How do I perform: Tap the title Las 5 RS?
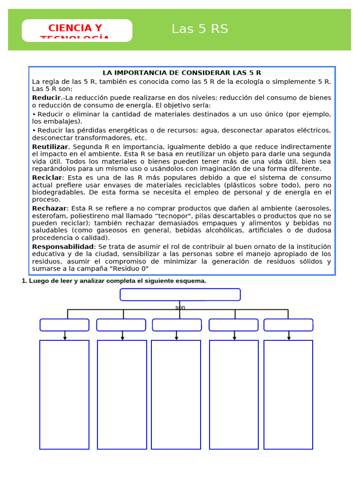tap(200, 29)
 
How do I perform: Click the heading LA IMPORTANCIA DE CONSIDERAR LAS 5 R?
tap(182, 73)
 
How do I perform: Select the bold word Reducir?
tap(46, 97)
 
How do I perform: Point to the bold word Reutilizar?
tap(50, 147)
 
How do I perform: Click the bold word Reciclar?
tap(47, 178)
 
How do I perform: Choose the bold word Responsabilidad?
tap(63, 247)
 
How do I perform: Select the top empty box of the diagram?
tap(180, 294)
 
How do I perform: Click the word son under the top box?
tap(180, 307)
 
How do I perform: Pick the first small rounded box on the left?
tap(64, 325)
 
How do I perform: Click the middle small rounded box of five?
tap(177, 325)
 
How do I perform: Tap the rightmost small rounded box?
tap(288, 325)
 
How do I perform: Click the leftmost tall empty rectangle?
tap(64, 395)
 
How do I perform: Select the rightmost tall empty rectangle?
tap(288, 395)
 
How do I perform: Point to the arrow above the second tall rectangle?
tap(122, 336)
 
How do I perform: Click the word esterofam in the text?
tap(48, 216)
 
